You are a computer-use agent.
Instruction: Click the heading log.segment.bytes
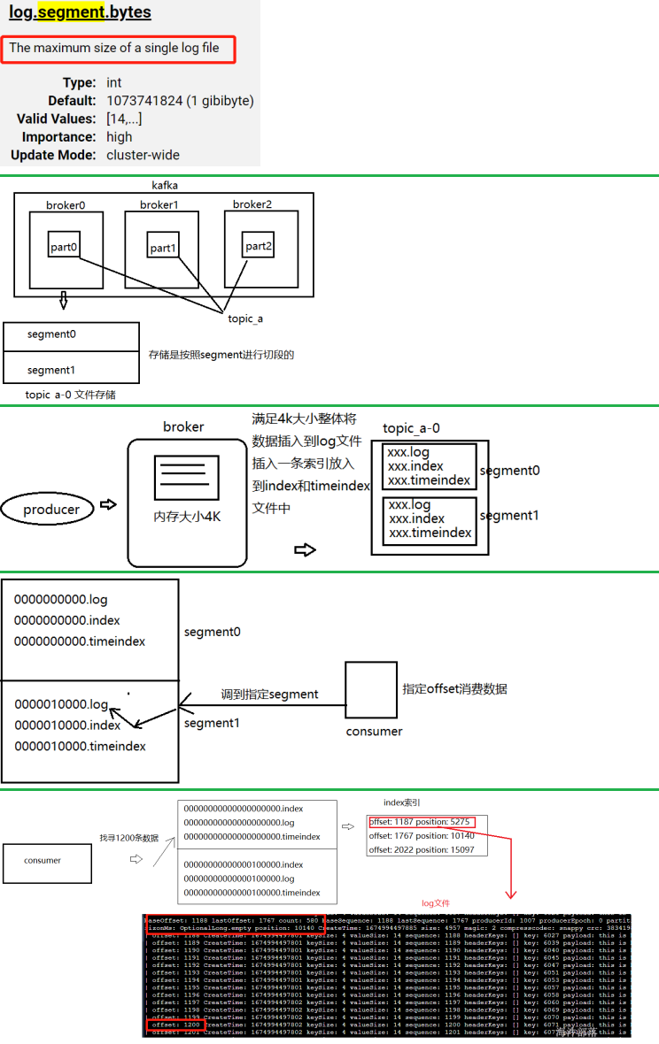coord(80,13)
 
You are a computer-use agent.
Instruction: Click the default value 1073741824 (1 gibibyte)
coord(180,101)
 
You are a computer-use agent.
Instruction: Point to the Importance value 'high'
coord(119,137)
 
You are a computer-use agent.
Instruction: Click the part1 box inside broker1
coord(163,248)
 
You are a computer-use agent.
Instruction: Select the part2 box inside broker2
coord(258,246)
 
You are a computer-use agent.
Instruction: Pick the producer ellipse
coord(51,509)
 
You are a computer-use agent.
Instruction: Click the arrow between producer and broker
coord(108,504)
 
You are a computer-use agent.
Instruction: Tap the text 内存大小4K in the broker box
coord(186,517)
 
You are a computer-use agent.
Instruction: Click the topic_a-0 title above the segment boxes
coord(411,428)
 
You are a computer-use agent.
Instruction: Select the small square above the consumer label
coord(370,689)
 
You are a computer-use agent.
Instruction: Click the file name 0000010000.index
coord(67,725)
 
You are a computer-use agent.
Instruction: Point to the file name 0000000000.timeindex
coord(80,641)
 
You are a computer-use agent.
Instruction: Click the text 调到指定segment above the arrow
coord(269,695)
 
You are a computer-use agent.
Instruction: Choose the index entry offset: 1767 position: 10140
coord(422,835)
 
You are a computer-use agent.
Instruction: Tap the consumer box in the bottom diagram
coord(47,860)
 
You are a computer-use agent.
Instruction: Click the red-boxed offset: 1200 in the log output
coord(175,1024)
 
